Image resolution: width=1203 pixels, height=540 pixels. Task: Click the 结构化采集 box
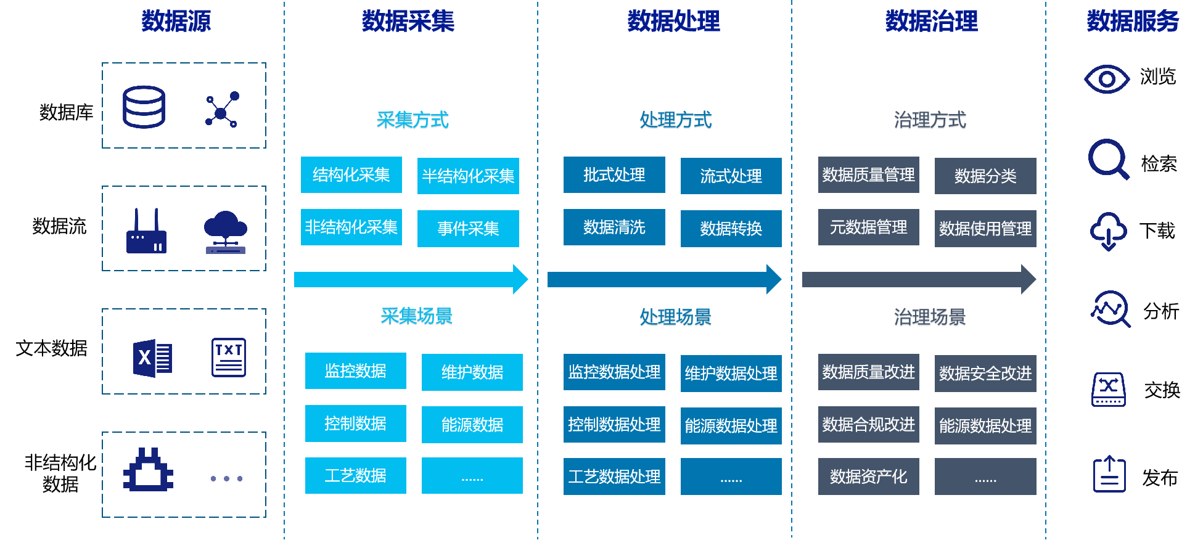click(x=351, y=175)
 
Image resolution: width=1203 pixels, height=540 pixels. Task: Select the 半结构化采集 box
click(x=468, y=176)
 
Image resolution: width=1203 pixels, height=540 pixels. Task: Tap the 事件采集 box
click(x=468, y=229)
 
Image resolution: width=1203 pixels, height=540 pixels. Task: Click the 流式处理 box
click(x=731, y=176)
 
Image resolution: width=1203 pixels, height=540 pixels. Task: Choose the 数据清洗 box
click(x=614, y=227)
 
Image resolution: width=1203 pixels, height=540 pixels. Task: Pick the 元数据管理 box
click(x=868, y=227)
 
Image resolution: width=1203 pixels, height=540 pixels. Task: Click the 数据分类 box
click(x=985, y=176)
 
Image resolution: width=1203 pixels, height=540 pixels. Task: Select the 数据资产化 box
click(x=868, y=477)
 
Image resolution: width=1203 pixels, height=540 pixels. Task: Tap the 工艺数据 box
click(x=355, y=475)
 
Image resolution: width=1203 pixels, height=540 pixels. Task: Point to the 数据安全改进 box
click(x=985, y=374)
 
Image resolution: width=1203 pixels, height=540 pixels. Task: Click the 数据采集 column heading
click(x=408, y=22)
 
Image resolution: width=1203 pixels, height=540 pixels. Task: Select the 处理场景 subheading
click(x=675, y=317)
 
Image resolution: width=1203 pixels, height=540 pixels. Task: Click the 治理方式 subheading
click(x=930, y=120)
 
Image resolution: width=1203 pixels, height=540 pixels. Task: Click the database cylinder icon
click(x=144, y=107)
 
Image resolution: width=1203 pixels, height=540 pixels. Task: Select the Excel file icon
click(x=152, y=358)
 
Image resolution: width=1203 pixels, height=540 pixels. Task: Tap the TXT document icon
click(x=229, y=358)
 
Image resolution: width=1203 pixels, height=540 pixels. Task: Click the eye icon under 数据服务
click(x=1107, y=80)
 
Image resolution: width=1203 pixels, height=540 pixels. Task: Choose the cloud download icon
click(x=1108, y=231)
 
